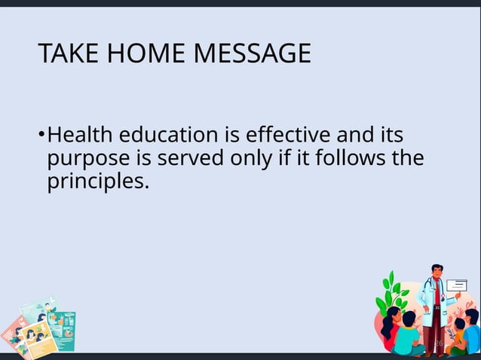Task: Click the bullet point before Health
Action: (41, 136)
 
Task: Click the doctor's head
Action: (436, 273)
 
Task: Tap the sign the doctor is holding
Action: (457, 285)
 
